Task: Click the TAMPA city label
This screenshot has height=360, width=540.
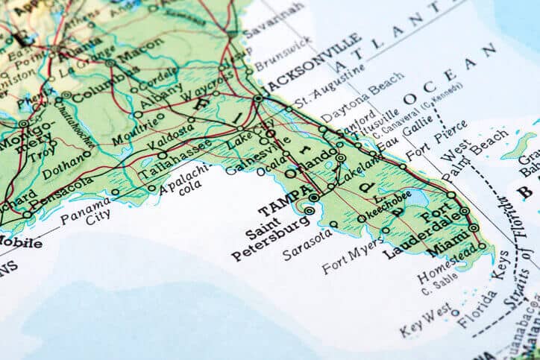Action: pos(282,198)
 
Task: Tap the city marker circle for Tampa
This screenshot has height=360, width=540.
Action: pos(314,198)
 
